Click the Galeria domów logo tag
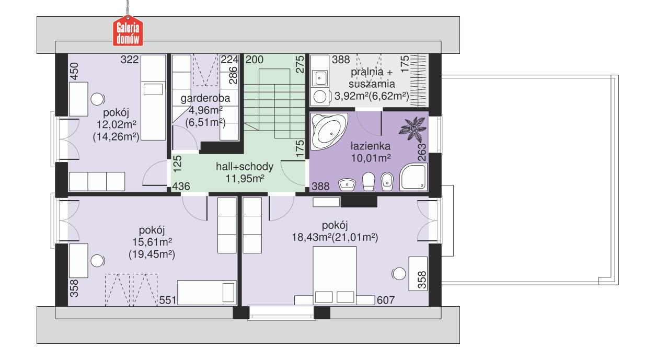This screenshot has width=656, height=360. (129, 32)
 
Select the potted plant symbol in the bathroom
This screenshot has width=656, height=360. (413, 128)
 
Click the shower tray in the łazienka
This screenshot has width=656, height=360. (413, 176)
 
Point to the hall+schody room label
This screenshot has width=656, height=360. (245, 167)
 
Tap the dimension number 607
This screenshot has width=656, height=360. (385, 300)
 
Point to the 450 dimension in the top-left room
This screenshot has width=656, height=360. (74, 72)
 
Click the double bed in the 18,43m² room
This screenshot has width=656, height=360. (335, 274)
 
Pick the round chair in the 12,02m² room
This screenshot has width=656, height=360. (97, 99)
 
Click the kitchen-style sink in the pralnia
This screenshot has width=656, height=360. (319, 78)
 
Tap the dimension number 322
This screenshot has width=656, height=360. (129, 60)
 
